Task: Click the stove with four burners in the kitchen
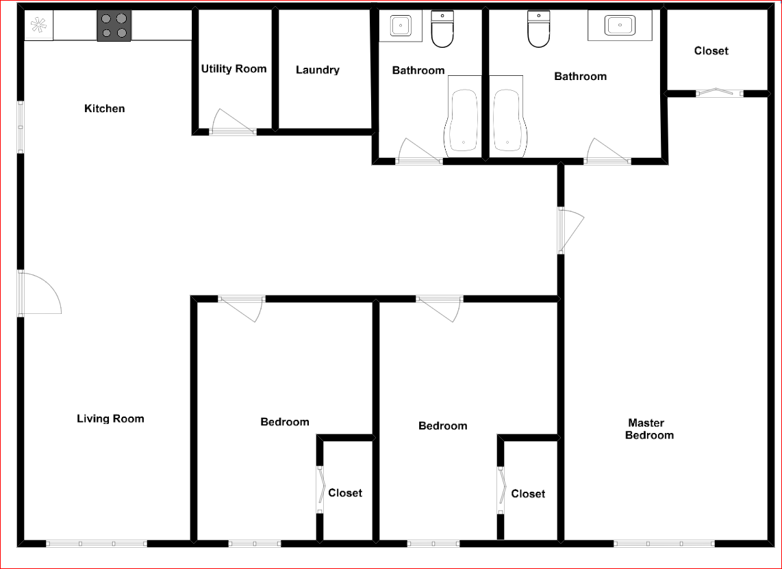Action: pyautogui.click(x=114, y=25)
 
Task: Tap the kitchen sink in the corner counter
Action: pyautogui.click(x=38, y=26)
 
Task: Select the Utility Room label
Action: pyautogui.click(x=234, y=68)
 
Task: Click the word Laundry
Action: pyautogui.click(x=318, y=70)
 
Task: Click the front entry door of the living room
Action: pyautogui.click(x=38, y=294)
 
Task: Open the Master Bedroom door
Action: pyautogui.click(x=570, y=231)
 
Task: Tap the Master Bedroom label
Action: pyautogui.click(x=648, y=429)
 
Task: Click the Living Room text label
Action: pyautogui.click(x=110, y=419)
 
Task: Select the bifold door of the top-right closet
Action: pyautogui.click(x=719, y=92)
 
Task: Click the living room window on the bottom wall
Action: pyautogui.click(x=97, y=544)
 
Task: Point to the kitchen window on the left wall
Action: pyautogui.click(x=21, y=127)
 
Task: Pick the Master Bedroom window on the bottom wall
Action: pyautogui.click(x=664, y=544)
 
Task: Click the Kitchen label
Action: pyautogui.click(x=104, y=108)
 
